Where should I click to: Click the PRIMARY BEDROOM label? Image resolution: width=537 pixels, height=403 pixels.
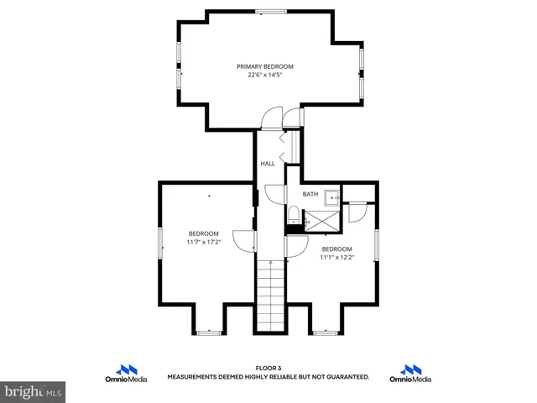[x=264, y=66]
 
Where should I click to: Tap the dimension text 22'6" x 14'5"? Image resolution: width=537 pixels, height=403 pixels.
[x=264, y=75]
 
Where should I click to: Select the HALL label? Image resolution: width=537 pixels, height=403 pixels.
[x=268, y=164]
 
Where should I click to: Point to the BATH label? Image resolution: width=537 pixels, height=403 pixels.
[x=310, y=195]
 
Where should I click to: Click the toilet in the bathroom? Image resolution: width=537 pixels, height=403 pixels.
[x=293, y=217]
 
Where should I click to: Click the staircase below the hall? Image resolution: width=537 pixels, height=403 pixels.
[x=270, y=294]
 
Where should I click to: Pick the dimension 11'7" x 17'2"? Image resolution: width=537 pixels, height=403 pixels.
[x=203, y=242]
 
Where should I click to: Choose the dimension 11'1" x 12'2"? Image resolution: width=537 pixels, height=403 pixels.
[x=336, y=258]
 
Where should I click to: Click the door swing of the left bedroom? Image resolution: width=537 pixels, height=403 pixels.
[x=244, y=240]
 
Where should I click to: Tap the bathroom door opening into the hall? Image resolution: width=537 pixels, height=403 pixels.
[x=276, y=194]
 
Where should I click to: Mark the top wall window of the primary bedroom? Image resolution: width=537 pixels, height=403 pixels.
[x=270, y=11]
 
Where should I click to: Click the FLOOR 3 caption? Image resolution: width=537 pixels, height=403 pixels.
[x=268, y=369]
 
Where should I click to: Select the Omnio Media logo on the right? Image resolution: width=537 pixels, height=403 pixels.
[x=411, y=374]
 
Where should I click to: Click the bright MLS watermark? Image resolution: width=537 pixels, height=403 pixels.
[x=34, y=391]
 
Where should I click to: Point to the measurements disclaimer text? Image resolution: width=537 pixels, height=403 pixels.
[x=268, y=378]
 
